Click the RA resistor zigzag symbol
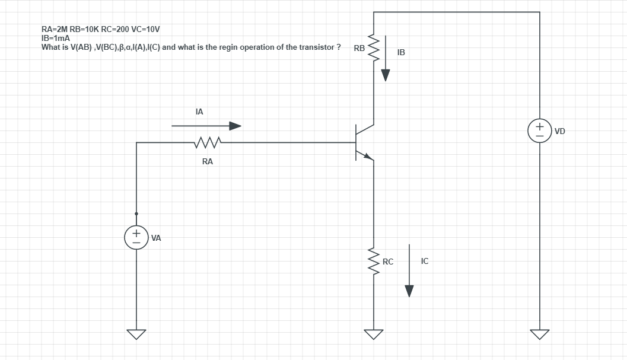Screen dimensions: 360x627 pos(207,142)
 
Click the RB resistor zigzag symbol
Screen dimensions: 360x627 pos(374,48)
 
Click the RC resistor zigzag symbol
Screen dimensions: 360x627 pos(374,263)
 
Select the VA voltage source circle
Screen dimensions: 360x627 pos(136,238)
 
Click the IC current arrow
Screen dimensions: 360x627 pos(409,270)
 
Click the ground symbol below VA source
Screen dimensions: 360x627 pos(136,334)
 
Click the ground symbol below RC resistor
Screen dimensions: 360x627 pos(374,334)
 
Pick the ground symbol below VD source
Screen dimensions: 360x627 pos(539,334)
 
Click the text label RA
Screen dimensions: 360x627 pos(207,161)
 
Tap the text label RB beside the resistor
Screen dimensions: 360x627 pos(359,48)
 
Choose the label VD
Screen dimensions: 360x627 pos(559,130)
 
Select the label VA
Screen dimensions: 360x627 pos(157,238)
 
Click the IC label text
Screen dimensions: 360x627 pos(424,261)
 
